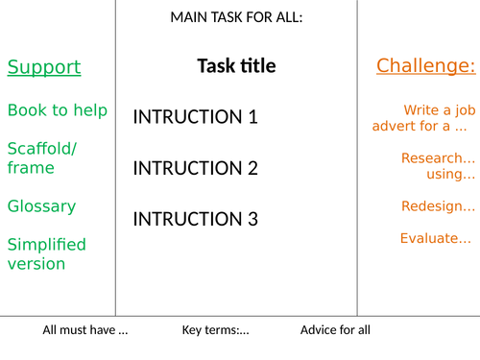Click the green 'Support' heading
pos(44,67)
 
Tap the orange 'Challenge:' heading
pos(425,66)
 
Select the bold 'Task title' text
pos(236,66)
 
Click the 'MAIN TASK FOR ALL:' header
pos(236,17)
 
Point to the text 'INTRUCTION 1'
pos(195,117)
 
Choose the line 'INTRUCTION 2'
pos(195,168)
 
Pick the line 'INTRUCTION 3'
pos(195,219)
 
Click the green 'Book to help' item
pos(58,110)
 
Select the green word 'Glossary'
pos(41,206)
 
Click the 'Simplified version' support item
pos(46,253)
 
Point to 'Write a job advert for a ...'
pos(422,118)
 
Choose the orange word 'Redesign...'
pos(438,206)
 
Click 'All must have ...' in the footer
pos(85,330)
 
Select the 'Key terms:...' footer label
pos(216,330)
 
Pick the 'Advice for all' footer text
pos(335,330)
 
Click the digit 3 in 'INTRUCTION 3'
pos(252,219)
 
